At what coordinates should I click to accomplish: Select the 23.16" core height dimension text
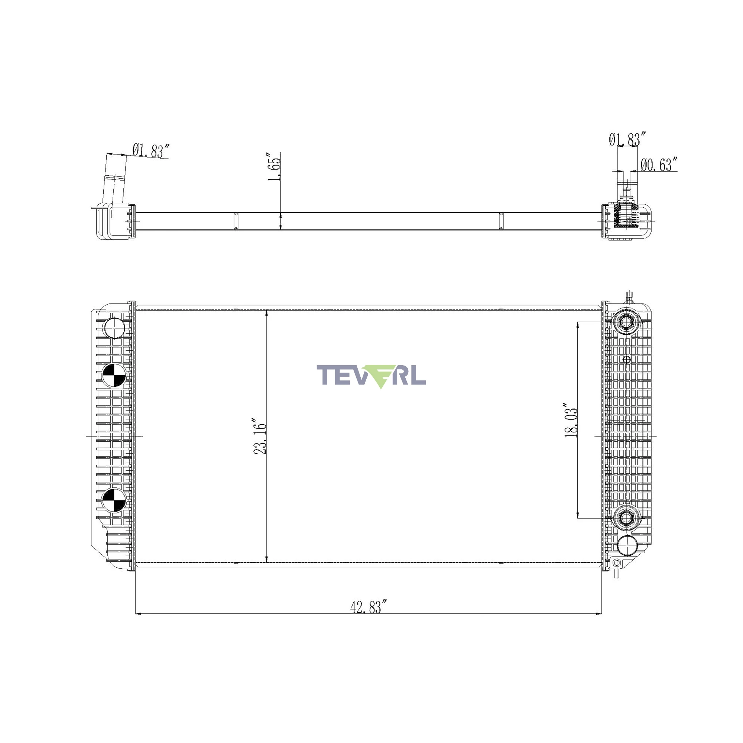(x=260, y=436)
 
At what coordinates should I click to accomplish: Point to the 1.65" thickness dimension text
(x=275, y=168)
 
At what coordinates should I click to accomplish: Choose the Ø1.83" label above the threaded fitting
(x=627, y=139)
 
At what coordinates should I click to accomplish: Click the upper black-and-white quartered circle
(x=114, y=375)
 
